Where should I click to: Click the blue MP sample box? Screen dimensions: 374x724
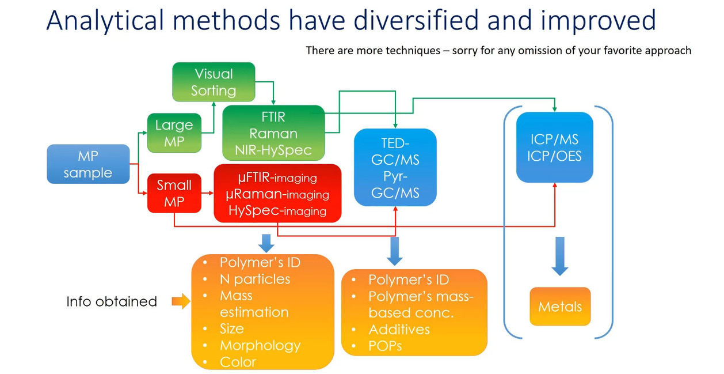click(x=88, y=164)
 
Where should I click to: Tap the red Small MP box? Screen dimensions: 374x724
click(x=174, y=194)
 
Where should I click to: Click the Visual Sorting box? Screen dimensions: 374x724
click(x=214, y=82)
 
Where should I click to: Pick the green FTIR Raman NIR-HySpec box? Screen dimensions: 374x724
click(x=273, y=133)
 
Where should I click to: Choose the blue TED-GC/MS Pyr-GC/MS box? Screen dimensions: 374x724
click(x=395, y=168)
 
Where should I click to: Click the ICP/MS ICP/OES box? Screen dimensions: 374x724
click(x=555, y=148)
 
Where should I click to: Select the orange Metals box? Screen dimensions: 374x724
click(x=560, y=307)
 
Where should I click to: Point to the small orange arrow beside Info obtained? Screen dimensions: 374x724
click(x=181, y=301)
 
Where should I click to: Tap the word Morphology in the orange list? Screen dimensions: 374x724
click(x=260, y=345)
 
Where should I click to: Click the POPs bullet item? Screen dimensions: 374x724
click(x=385, y=346)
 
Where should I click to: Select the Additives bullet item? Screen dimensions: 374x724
click(x=399, y=329)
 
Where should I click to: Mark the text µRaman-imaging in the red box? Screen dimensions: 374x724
click(x=277, y=195)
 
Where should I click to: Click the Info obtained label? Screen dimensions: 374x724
click(x=112, y=301)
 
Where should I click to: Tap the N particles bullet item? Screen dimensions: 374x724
click(x=254, y=279)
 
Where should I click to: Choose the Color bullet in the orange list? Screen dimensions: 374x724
click(x=238, y=362)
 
